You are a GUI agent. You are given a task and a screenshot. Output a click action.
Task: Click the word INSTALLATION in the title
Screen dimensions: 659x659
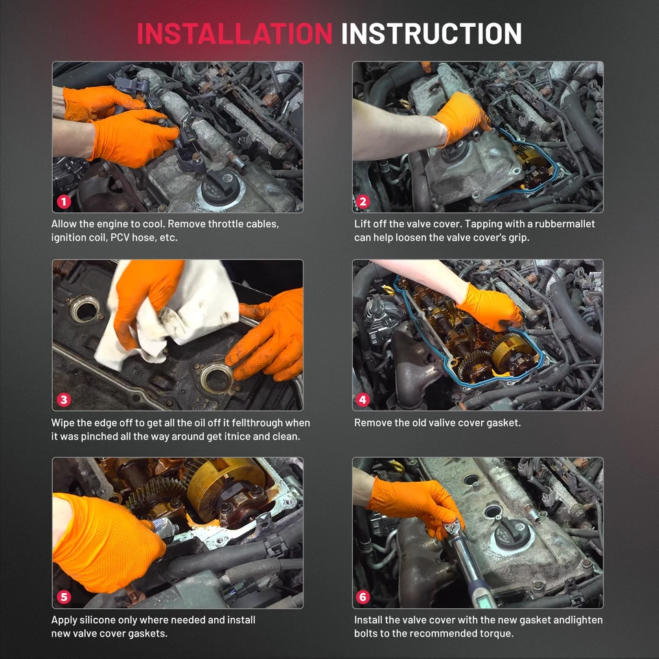point(234,33)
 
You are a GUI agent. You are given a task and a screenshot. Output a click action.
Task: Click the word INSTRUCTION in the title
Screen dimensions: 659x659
point(431,33)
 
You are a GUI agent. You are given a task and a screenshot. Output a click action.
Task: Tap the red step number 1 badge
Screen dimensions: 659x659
point(64,202)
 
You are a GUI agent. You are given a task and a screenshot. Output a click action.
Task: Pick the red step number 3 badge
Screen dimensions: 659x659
point(64,400)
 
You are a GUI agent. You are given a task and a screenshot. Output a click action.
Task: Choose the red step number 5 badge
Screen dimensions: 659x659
point(64,597)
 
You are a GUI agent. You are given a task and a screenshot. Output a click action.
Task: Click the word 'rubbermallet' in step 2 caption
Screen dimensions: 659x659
point(562,224)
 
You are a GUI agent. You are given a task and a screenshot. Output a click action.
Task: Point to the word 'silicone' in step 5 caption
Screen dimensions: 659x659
point(100,620)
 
